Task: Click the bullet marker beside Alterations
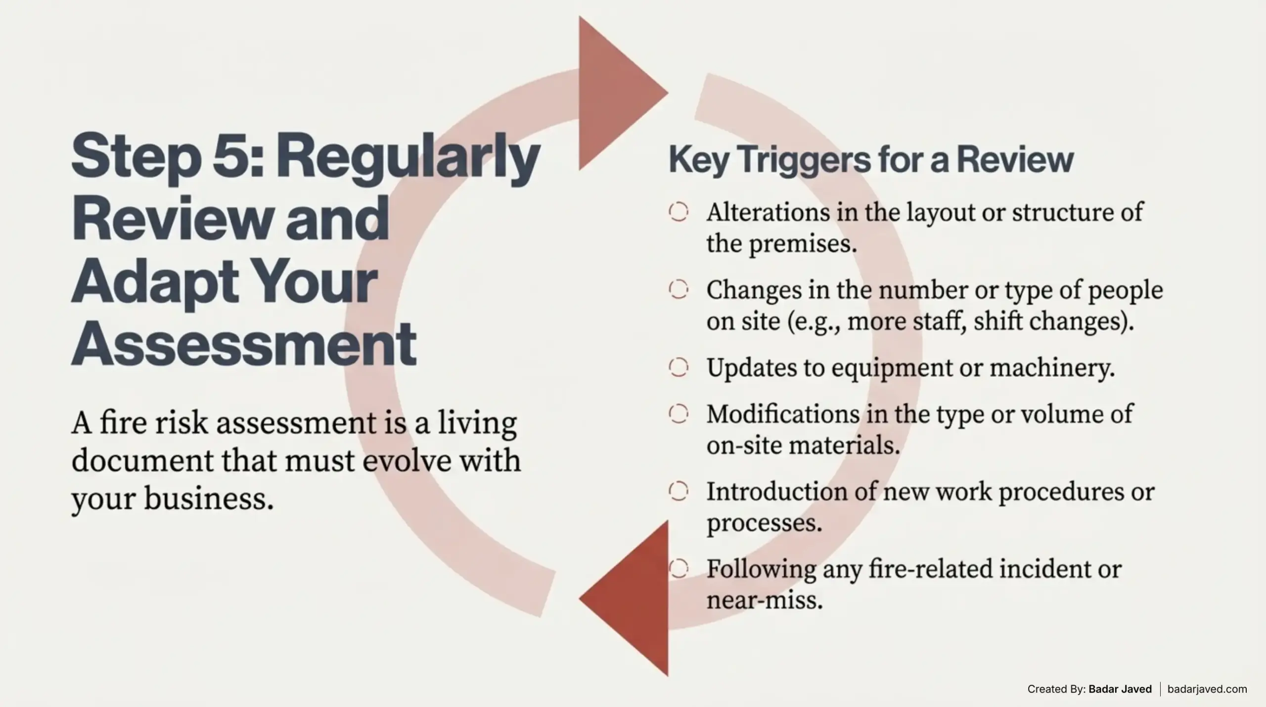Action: point(678,212)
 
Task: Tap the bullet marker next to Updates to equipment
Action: point(678,367)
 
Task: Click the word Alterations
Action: point(768,212)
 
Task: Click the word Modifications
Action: point(783,414)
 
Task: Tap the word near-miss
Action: point(765,600)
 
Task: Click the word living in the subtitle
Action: point(477,424)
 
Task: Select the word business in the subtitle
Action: point(209,498)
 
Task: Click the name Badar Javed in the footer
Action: point(1120,689)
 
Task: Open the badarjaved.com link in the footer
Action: point(1207,689)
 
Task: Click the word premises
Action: point(803,244)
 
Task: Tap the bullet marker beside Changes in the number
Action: point(678,289)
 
